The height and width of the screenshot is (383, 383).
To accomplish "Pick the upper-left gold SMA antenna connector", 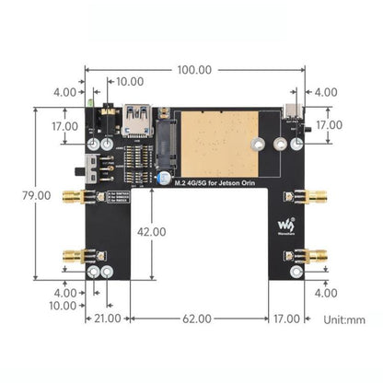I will point(72,197).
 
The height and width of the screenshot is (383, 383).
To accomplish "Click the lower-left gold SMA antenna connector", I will point(72,257).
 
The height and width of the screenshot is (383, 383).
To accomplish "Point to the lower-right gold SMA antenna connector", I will point(316,257).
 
